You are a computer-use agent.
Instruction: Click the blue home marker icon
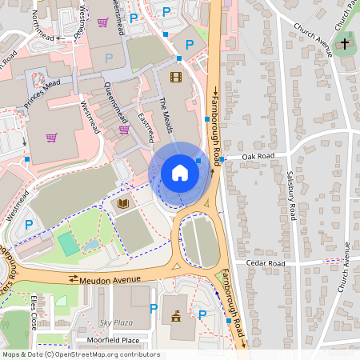click(x=180, y=173)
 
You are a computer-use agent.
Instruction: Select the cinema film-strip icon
click(x=176, y=77)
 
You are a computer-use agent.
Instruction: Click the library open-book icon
click(x=123, y=206)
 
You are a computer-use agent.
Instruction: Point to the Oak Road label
click(x=258, y=156)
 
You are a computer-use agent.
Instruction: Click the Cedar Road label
click(x=266, y=263)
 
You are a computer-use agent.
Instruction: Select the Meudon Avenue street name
click(x=105, y=278)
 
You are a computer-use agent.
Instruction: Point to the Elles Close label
click(x=34, y=313)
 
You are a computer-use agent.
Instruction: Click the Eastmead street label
click(x=146, y=127)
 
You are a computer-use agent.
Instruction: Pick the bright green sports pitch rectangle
click(x=69, y=244)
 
